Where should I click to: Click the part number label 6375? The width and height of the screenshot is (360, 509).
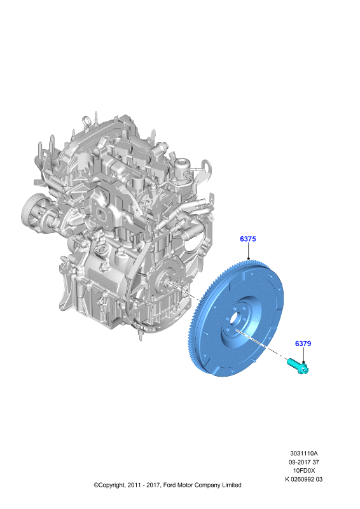[x=248, y=239]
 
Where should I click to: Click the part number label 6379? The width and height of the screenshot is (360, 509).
[x=303, y=344]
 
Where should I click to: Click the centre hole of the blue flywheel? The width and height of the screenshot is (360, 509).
[x=236, y=319]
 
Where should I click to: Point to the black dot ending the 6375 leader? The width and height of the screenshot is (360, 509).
[x=248, y=259]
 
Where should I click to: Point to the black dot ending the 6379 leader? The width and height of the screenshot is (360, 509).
[x=303, y=362]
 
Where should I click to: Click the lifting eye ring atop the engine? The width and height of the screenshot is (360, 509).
[x=87, y=121]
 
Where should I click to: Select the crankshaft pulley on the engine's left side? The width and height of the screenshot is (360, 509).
[x=32, y=212]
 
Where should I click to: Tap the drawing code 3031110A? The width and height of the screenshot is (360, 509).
[x=304, y=453]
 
